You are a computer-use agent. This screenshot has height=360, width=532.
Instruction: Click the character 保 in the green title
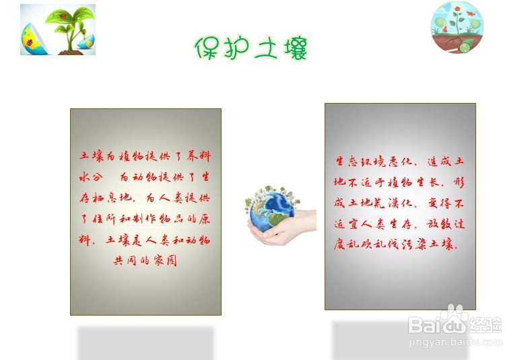(207, 48)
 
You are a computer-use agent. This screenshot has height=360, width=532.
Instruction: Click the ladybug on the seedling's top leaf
(63, 15)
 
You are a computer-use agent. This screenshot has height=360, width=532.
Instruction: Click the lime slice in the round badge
(465, 47)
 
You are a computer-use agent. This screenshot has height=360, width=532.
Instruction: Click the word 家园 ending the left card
(165, 260)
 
